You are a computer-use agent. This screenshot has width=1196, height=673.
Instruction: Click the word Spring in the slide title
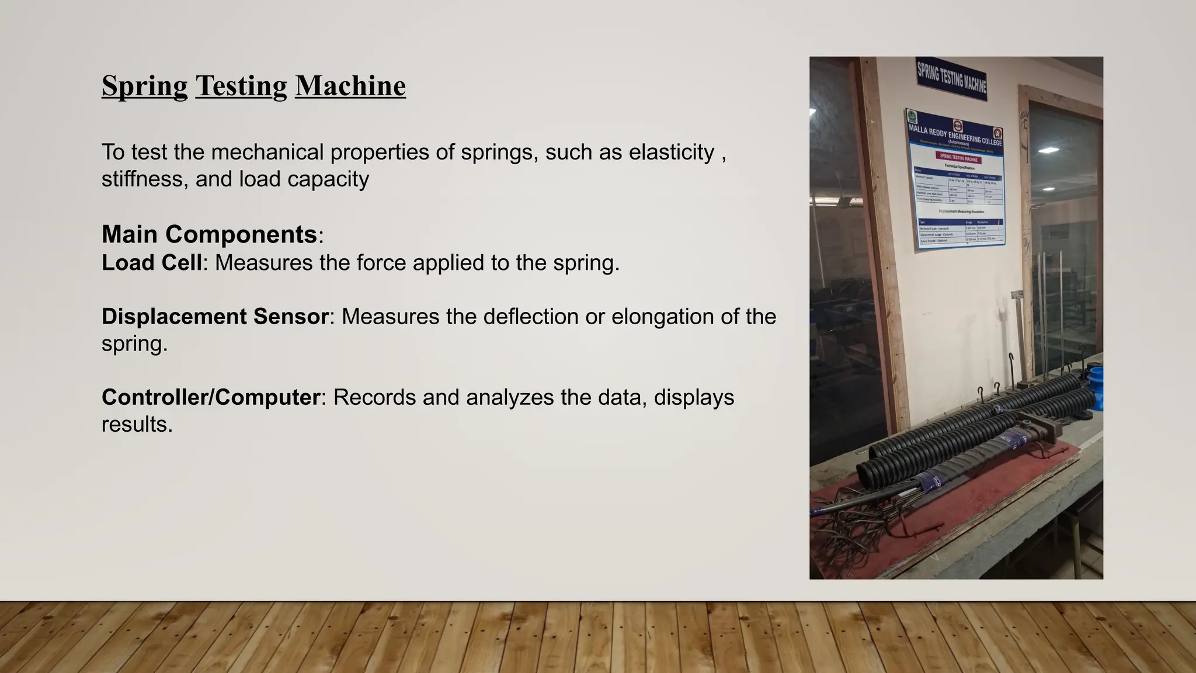(144, 86)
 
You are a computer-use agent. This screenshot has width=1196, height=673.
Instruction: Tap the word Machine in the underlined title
(350, 86)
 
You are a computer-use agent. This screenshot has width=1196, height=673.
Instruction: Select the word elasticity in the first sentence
(671, 152)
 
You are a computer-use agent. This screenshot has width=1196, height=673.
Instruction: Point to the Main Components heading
(209, 234)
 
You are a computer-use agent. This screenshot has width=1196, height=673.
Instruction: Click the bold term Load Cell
(151, 263)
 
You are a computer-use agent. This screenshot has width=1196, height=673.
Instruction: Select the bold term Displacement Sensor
(215, 317)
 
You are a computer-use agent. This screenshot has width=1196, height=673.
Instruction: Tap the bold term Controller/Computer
(210, 397)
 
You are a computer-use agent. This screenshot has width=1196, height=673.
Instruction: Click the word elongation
(657, 317)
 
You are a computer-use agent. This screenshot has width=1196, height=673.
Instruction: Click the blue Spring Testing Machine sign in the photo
(951, 78)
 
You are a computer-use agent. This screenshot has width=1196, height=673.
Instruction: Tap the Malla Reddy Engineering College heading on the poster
(955, 135)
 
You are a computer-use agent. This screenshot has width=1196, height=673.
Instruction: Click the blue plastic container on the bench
(1096, 386)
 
